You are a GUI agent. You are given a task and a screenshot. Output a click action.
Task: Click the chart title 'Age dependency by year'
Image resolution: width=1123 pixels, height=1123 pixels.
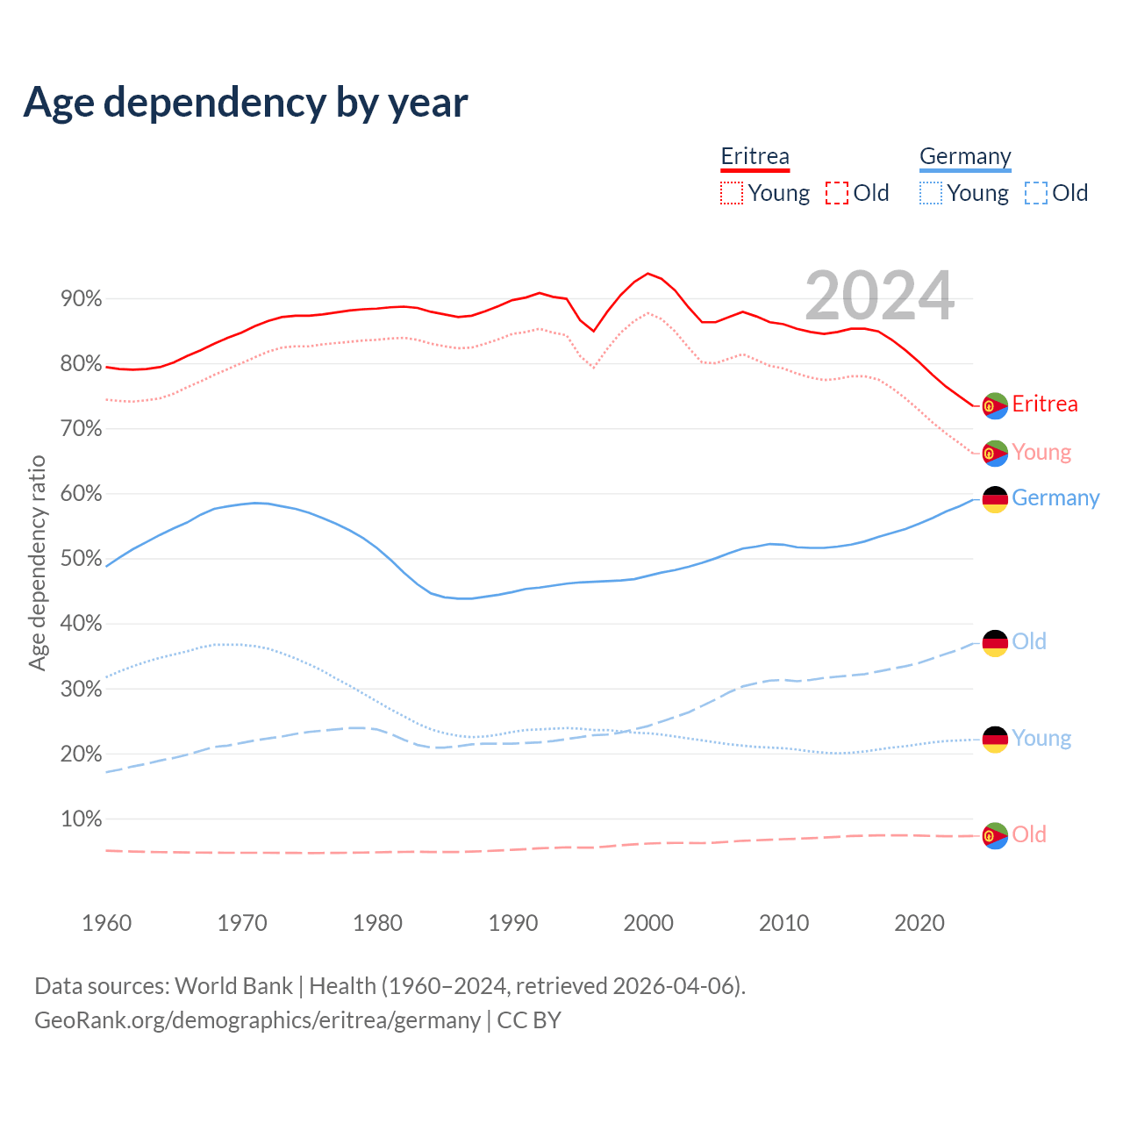tap(246, 102)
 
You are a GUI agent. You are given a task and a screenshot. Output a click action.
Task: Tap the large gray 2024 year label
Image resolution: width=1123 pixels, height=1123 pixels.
tap(879, 297)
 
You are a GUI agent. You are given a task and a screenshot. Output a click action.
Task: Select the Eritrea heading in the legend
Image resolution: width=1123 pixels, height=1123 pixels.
tap(755, 156)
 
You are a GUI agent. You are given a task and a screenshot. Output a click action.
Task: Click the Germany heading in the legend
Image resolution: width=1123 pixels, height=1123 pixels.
tap(965, 156)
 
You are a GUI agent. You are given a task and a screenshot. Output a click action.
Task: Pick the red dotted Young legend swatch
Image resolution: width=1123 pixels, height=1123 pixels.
tap(732, 193)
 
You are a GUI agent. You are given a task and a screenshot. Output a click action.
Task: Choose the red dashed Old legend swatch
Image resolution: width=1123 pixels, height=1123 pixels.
tap(837, 193)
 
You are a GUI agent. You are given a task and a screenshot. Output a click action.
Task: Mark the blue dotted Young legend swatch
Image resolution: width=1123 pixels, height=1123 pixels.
tap(931, 193)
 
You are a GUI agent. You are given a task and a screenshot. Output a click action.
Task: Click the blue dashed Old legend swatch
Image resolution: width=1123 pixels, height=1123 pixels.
tap(1036, 193)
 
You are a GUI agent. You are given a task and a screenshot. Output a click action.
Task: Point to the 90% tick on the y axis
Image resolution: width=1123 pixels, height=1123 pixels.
tap(82, 299)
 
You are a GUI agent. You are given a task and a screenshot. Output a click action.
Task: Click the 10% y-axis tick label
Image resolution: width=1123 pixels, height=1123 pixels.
tap(82, 819)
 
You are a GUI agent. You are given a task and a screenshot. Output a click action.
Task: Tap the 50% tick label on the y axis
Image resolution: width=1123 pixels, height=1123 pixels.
tap(82, 559)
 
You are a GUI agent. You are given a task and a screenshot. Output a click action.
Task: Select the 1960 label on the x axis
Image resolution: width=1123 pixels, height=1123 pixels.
tap(106, 923)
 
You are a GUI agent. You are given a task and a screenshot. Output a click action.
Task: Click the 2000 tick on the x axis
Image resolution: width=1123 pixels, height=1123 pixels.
tap(648, 923)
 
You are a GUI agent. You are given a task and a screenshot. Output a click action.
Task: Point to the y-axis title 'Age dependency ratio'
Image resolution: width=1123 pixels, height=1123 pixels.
tap(37, 562)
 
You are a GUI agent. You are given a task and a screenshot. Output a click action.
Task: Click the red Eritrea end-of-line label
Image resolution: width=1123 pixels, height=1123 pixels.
tap(1044, 404)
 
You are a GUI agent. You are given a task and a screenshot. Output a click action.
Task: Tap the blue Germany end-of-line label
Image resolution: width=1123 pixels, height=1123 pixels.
tap(1055, 497)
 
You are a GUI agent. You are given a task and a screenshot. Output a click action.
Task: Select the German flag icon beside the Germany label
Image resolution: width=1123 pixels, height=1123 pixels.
tap(995, 499)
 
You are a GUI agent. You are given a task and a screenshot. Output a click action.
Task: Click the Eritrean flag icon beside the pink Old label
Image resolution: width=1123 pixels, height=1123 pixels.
tap(995, 836)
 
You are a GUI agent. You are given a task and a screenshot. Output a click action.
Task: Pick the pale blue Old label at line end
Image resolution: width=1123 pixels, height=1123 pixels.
tap(1029, 641)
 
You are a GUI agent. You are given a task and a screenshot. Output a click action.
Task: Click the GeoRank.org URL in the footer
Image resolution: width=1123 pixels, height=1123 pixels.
tap(257, 1020)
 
